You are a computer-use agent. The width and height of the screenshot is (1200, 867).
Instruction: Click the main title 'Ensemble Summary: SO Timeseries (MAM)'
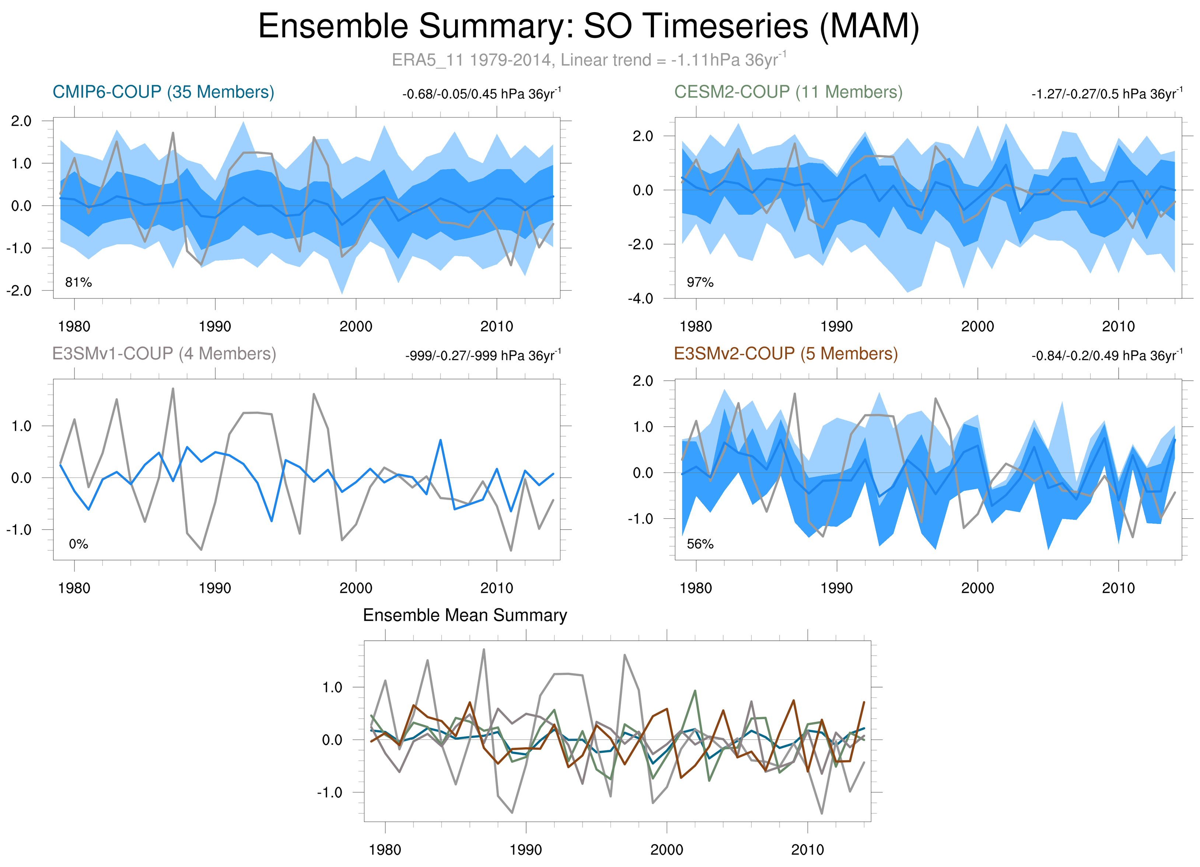coord(588,27)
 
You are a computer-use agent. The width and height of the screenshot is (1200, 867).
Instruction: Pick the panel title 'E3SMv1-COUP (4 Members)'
coord(164,353)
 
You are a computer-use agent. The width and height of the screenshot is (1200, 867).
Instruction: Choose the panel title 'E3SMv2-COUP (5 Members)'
coord(786,353)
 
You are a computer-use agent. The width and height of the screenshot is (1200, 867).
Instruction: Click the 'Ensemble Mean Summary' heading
coord(465,615)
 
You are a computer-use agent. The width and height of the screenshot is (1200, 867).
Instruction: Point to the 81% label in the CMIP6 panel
coord(78,283)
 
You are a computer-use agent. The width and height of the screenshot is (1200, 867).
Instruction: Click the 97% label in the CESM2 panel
coord(700,283)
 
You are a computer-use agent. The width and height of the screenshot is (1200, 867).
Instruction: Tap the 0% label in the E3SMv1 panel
coord(78,544)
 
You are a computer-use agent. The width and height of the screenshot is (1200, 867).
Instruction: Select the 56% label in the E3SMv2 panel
coord(700,544)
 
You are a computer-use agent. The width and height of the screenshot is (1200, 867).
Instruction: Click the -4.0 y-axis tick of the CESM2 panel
coord(640,298)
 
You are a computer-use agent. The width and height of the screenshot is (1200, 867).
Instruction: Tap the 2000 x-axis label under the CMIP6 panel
coord(356,326)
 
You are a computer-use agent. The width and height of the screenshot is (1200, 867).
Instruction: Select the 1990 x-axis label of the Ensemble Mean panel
coord(525,850)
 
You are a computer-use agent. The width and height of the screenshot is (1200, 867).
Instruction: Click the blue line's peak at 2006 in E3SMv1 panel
coord(440,440)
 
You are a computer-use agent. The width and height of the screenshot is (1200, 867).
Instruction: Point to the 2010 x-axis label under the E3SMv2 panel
coord(1118,588)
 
